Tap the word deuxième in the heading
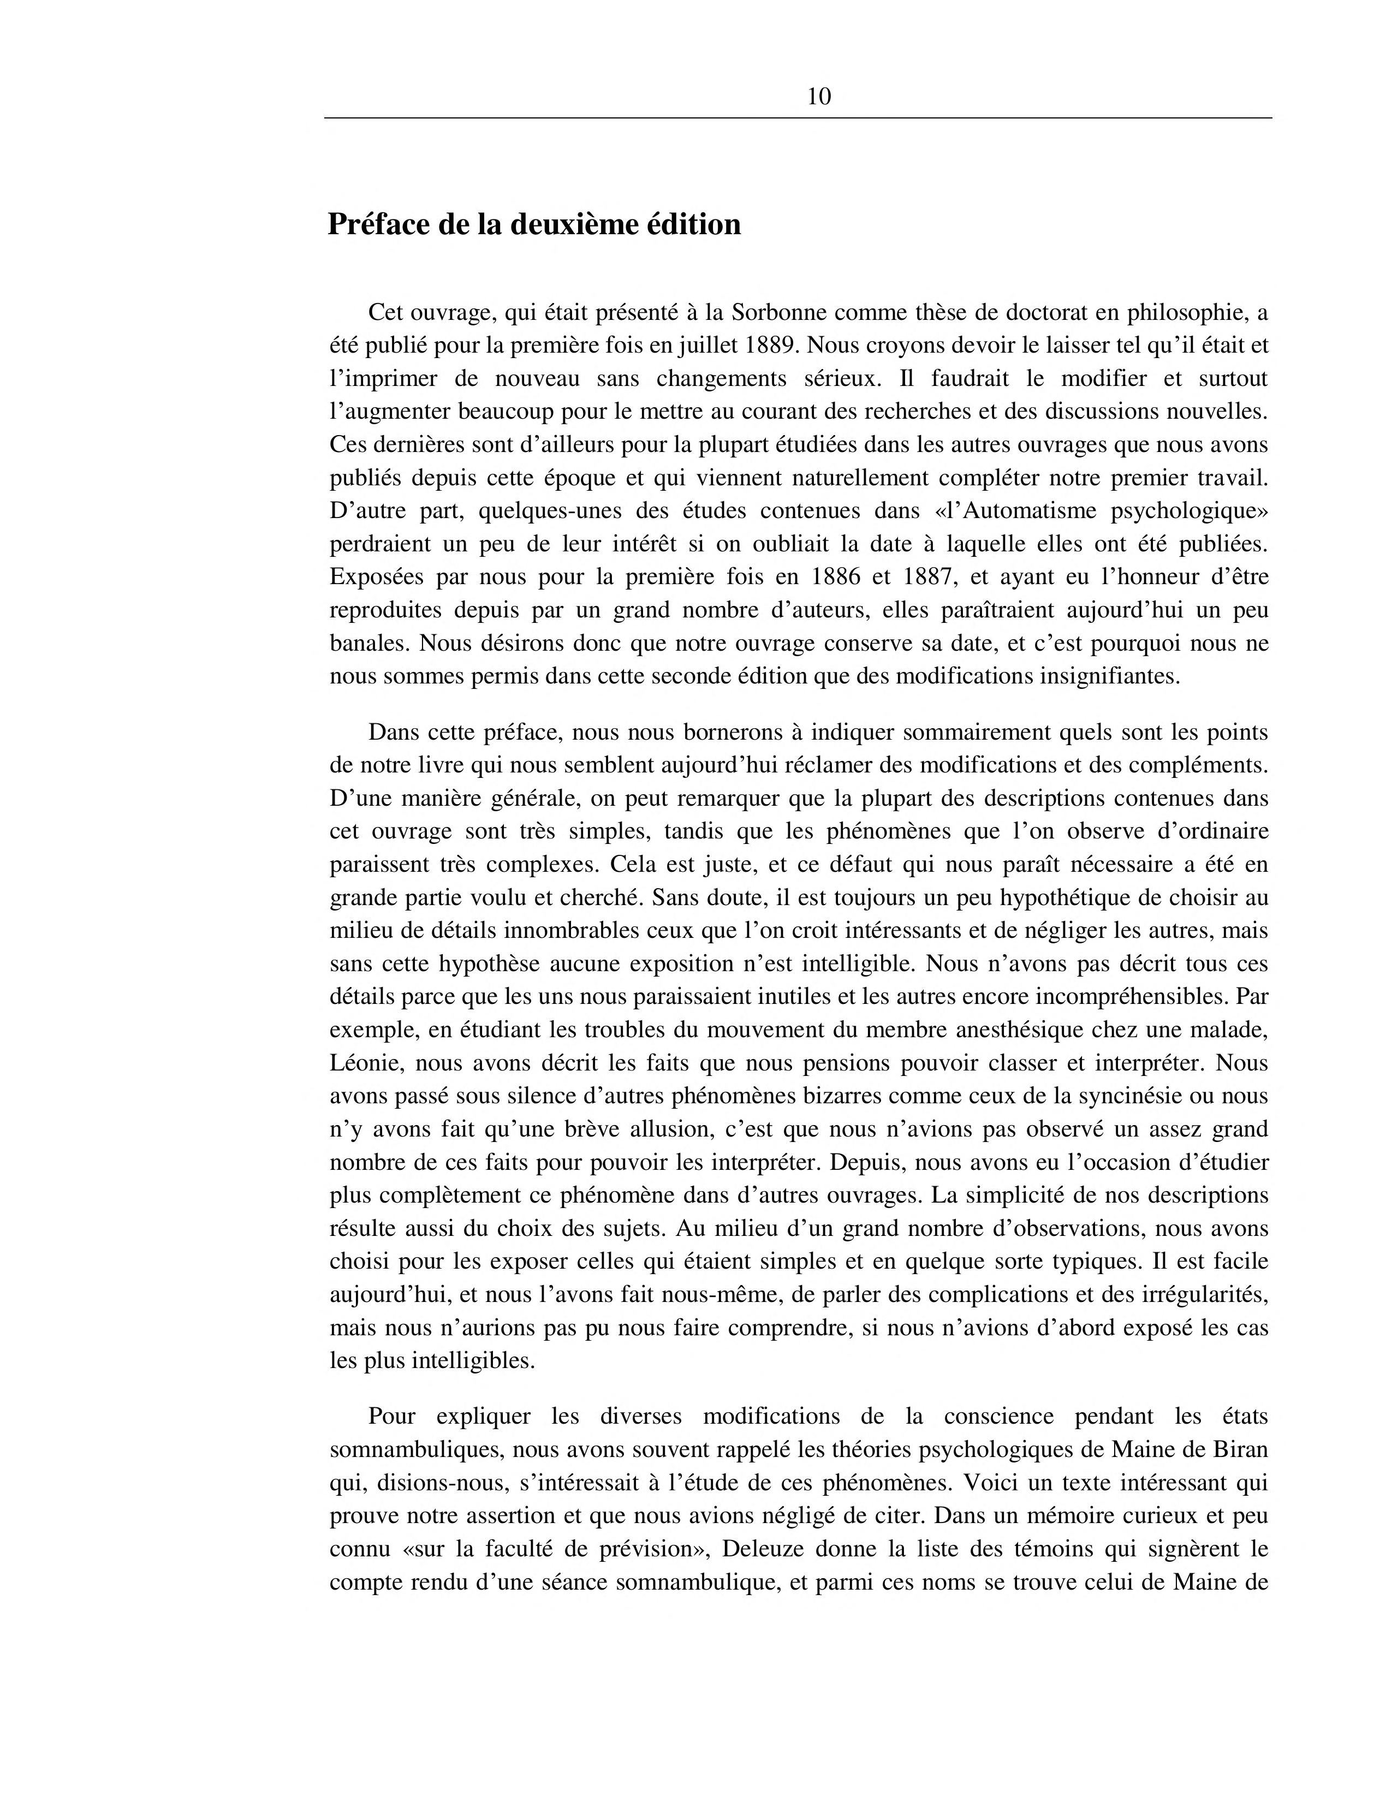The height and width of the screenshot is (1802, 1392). coord(573,224)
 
